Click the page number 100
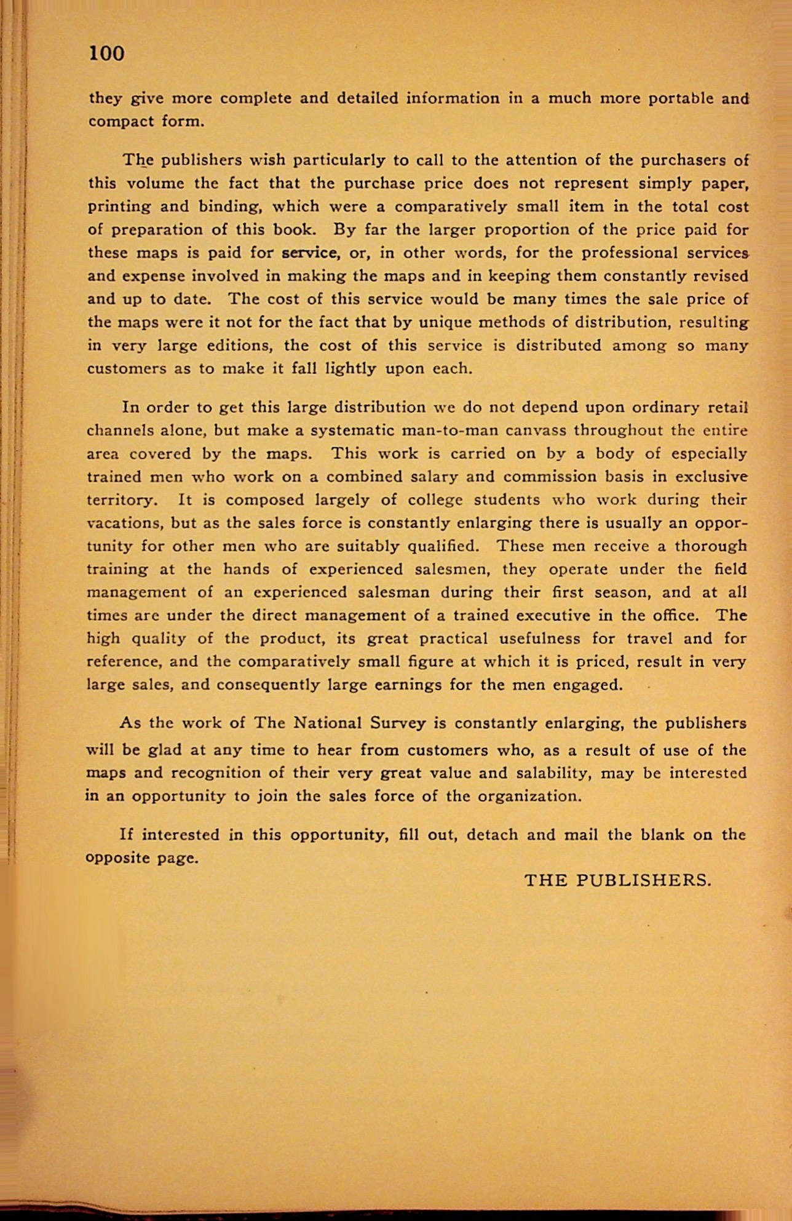click(107, 54)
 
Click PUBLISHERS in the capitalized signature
click(644, 880)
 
